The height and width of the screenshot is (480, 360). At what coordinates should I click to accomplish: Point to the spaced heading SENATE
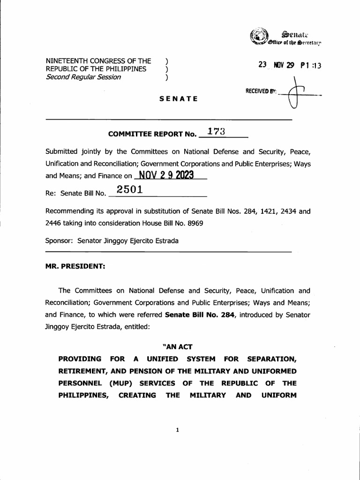pyautogui.click(x=178, y=99)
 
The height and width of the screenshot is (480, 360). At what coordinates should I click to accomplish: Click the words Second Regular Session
pyautogui.click(x=83, y=77)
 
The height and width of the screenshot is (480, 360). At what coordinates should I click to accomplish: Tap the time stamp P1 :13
pyautogui.click(x=311, y=66)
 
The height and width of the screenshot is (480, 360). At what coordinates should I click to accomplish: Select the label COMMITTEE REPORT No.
pyautogui.click(x=151, y=134)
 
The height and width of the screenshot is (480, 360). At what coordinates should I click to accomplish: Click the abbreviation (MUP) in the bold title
pyautogui.click(x=123, y=383)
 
